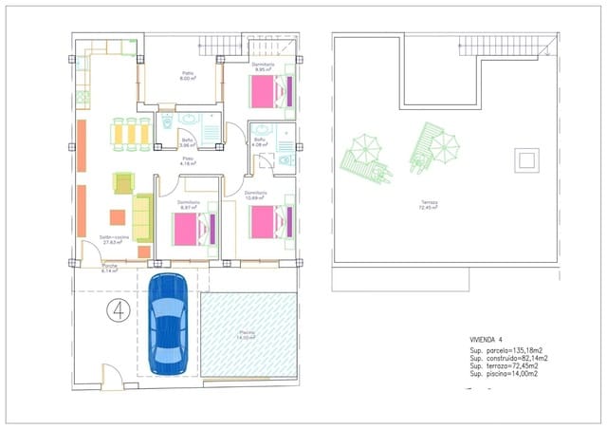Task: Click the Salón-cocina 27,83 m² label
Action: (113, 239)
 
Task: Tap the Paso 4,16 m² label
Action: (188, 161)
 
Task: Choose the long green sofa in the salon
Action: (142, 218)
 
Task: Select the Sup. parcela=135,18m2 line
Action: (504, 349)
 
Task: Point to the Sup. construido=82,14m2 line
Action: (506, 357)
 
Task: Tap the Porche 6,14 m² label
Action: (110, 268)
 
